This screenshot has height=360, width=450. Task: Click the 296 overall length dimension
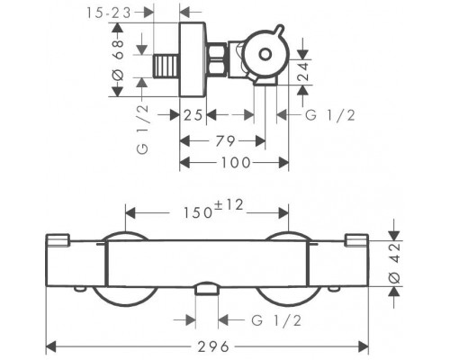213,346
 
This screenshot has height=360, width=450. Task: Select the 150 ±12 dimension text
213,210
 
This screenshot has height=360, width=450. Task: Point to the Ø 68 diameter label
119,60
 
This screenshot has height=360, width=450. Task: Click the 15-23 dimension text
109,13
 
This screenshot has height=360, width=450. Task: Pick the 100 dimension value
236,163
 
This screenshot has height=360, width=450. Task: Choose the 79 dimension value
226,140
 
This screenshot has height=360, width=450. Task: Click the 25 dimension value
193,115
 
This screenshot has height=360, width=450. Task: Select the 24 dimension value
302,70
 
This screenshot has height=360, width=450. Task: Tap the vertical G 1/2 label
143,130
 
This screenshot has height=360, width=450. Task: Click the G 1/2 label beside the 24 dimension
330,115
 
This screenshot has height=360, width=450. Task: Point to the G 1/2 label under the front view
276,320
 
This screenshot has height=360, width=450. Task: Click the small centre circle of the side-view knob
265,55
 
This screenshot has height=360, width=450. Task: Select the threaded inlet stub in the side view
166,67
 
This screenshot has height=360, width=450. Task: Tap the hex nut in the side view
217,60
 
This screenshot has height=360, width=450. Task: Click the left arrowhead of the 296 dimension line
51,346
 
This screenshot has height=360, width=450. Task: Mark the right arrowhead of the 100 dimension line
283,163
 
